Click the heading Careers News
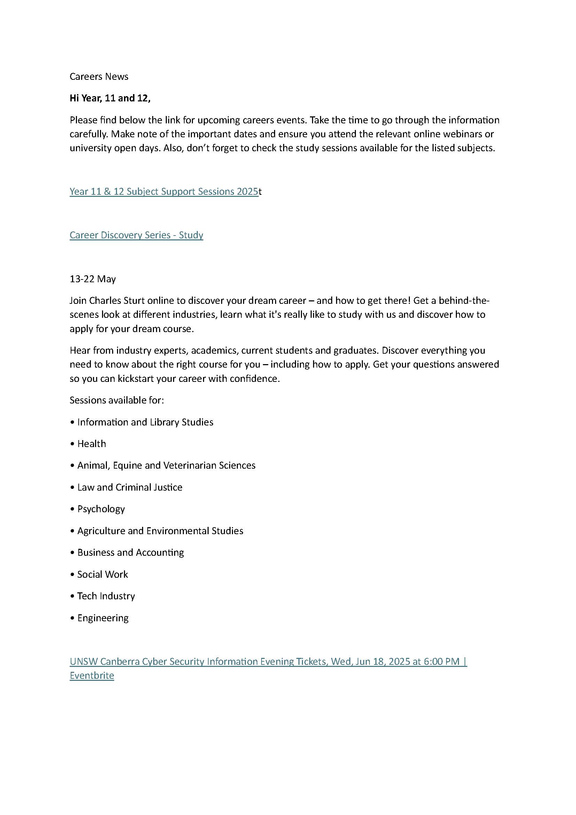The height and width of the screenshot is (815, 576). click(x=99, y=77)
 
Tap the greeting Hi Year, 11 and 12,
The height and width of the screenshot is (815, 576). click(x=110, y=98)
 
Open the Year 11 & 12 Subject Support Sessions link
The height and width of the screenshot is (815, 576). click(x=164, y=192)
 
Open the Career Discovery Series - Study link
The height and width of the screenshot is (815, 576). click(x=136, y=235)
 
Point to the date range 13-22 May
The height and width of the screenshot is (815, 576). click(x=93, y=279)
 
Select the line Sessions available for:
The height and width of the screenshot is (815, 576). click(x=117, y=400)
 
